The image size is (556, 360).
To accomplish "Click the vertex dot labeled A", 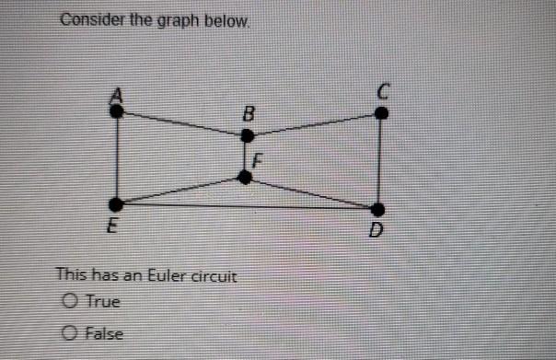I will pyautogui.click(x=117, y=110).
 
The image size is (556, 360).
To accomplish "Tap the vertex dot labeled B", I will pyautogui.click(x=247, y=135).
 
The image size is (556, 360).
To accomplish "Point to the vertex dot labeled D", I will pyautogui.click(x=377, y=210).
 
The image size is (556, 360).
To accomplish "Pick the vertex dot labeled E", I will pyautogui.click(x=116, y=203).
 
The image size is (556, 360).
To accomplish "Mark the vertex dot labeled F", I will pyautogui.click(x=244, y=176).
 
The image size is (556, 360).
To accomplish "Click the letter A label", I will pyautogui.click(x=117, y=94).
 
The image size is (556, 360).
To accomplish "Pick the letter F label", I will pyautogui.click(x=259, y=159).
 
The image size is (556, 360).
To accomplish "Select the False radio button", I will pyautogui.click(x=70, y=332).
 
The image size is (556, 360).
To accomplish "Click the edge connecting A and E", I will pyautogui.click(x=117, y=157).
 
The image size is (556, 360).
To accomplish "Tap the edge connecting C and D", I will pyautogui.click(x=380, y=161).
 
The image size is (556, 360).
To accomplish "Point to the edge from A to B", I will pyautogui.click(x=181, y=123).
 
